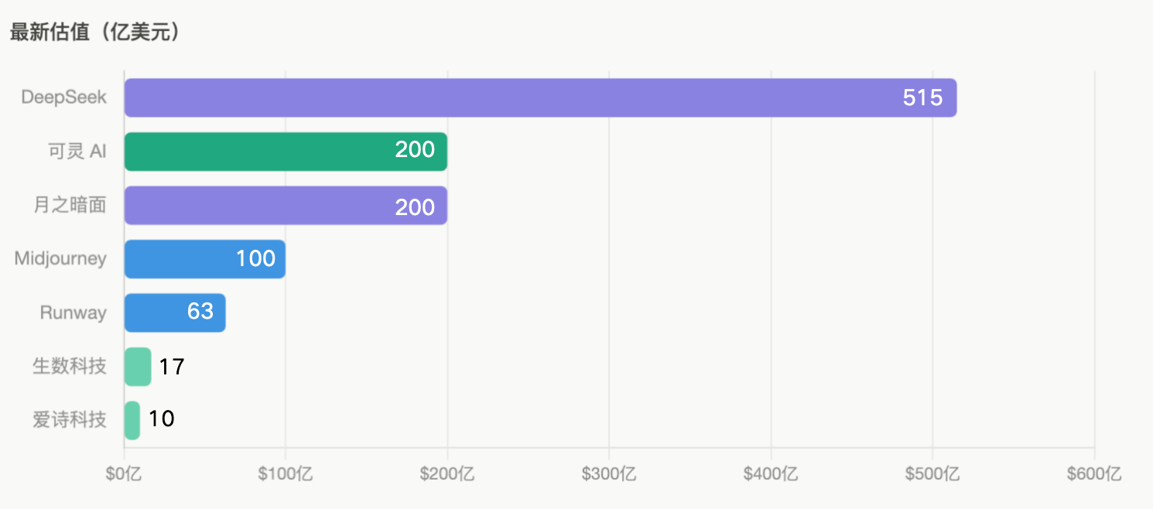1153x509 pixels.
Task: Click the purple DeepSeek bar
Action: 540,97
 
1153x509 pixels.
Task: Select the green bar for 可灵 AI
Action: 286,152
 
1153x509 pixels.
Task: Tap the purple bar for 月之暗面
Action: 286,205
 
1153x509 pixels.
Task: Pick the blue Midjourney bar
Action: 205,259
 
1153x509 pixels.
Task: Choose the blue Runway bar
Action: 175,313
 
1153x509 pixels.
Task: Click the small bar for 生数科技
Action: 138,367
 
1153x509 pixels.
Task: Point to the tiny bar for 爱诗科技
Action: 132,421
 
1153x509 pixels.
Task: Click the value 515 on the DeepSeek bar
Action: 922,97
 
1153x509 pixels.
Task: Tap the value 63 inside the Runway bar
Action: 200,312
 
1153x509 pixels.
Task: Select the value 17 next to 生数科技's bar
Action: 172,367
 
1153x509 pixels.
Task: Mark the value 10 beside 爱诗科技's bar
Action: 161,419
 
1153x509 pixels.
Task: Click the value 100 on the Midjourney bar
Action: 255,258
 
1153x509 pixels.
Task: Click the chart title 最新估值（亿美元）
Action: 96,32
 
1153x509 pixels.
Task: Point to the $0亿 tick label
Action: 124,473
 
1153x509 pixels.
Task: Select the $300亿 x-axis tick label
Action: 609,473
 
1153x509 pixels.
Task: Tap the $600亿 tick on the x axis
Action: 1094,473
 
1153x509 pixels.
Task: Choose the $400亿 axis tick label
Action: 771,473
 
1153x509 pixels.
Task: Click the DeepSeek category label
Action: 63,97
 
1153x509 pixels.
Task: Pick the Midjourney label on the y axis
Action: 60,258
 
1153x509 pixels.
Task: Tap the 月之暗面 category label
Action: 70,205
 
